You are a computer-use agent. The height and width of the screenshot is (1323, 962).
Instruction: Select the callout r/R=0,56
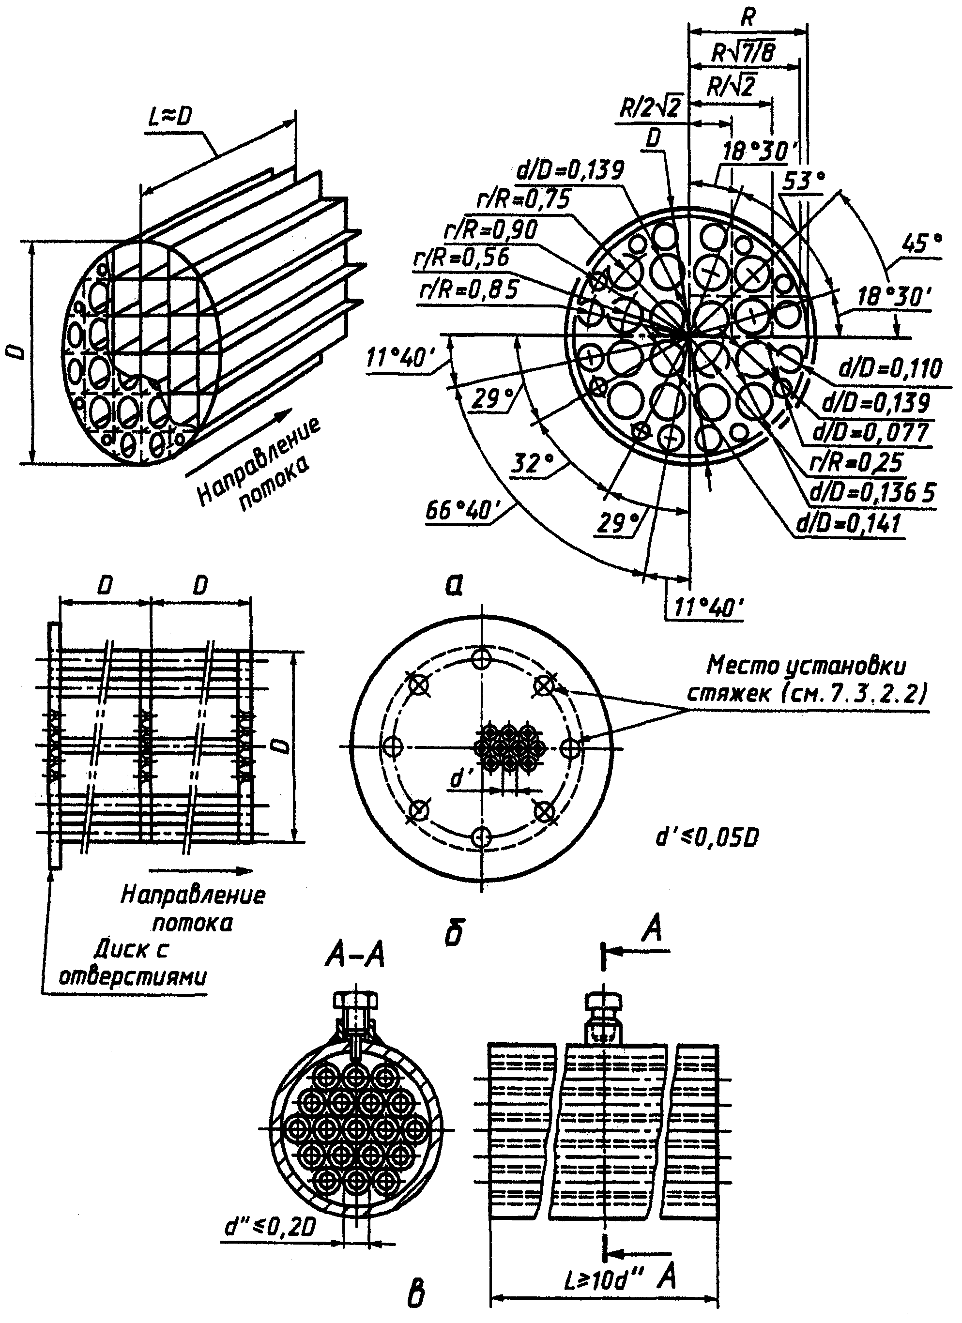[x=461, y=259]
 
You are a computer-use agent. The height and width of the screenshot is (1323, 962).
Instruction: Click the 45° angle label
[x=922, y=243]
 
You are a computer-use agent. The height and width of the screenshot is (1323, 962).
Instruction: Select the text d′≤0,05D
[x=707, y=838]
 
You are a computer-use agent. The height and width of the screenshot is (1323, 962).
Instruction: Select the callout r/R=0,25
[x=856, y=463]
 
